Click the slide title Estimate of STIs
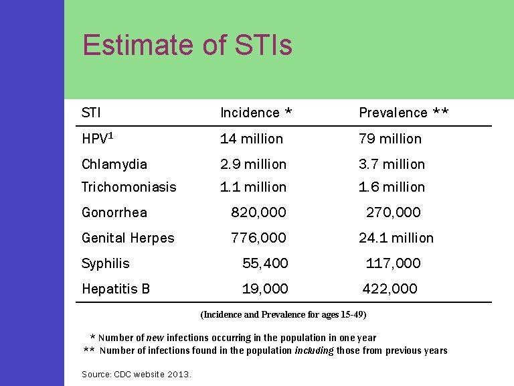pos(187,46)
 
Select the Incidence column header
pos(256,113)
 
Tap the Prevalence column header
pos(404,113)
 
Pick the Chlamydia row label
pos(114,164)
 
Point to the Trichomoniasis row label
pos(128,187)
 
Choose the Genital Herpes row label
pos(128,238)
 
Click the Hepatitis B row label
pos(116,289)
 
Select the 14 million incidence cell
pos(252,139)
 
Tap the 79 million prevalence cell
pos(390,139)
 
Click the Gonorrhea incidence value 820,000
pos(258,212)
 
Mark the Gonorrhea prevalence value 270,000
pos(394,212)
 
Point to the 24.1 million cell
pos(396,238)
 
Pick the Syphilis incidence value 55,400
pos(265,263)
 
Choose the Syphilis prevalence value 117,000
pos(394,263)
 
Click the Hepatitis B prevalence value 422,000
pos(390,289)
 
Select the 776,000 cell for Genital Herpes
pos(258,238)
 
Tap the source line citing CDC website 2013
pos(137,374)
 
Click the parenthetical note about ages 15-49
pos(284,314)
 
